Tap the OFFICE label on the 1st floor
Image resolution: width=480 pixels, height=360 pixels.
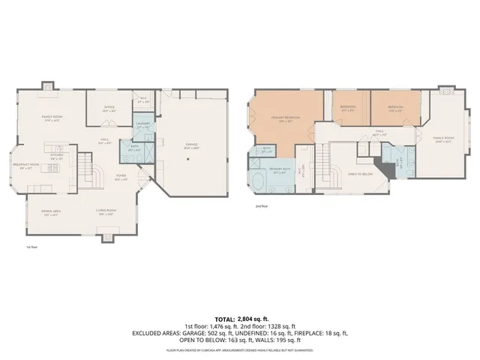pyautogui.click(x=108, y=107)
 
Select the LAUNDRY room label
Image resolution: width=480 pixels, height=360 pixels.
pyautogui.click(x=144, y=127)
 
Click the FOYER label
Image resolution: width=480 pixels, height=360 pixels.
pyautogui.click(x=119, y=178)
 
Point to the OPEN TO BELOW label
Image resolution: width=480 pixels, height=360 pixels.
pyautogui.click(x=360, y=173)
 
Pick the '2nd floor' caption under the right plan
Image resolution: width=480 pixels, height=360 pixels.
pyautogui.click(x=262, y=205)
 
